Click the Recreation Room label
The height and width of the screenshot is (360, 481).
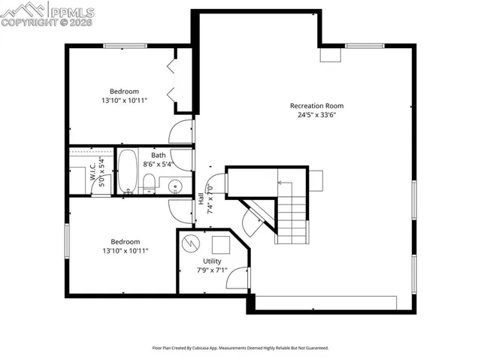coord(316,106)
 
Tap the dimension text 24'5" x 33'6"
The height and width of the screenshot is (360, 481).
coord(316,116)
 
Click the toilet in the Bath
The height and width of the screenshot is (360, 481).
coord(149,183)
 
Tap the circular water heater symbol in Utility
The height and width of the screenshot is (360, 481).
coord(193,243)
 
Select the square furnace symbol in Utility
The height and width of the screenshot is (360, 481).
coord(221,245)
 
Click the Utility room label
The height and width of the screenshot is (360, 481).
coord(212,261)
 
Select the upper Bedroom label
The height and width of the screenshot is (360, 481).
coord(124,91)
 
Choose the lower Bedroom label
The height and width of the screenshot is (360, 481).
coord(124,241)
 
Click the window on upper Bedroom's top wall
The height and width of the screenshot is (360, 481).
coord(125,46)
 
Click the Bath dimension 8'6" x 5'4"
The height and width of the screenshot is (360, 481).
coord(158,164)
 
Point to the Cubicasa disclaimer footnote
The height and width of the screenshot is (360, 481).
coord(240,348)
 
